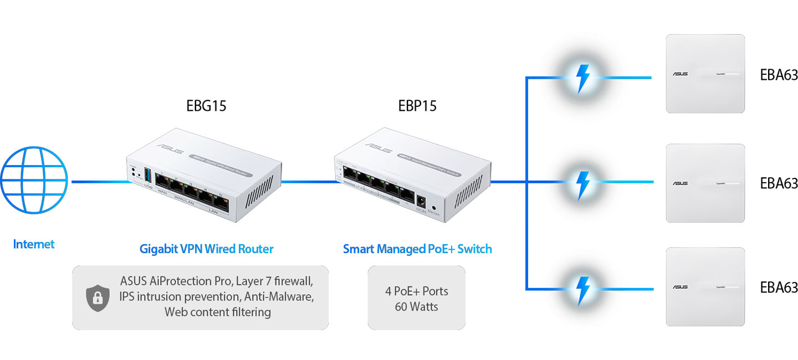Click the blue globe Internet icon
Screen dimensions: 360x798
pos(34,181)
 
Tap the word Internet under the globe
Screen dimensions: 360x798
pos(34,244)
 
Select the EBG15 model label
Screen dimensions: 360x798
pos(206,106)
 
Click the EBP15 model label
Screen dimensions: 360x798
pos(417,106)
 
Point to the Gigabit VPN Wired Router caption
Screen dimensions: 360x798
pos(206,249)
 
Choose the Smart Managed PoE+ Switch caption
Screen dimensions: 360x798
pos(417,249)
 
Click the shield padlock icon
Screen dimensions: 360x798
pos(98,298)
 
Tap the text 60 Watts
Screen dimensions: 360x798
pos(417,306)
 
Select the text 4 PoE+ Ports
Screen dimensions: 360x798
pos(417,291)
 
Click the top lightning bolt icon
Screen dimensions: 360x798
pos(582,78)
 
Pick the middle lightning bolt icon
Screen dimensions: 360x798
pos(582,182)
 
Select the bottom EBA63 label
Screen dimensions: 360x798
pos(779,287)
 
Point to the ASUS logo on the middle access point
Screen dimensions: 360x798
pos(680,183)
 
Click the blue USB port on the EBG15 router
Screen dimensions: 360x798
pos(147,176)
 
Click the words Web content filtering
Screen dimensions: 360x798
pos(217,312)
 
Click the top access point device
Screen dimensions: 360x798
pos(705,74)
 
